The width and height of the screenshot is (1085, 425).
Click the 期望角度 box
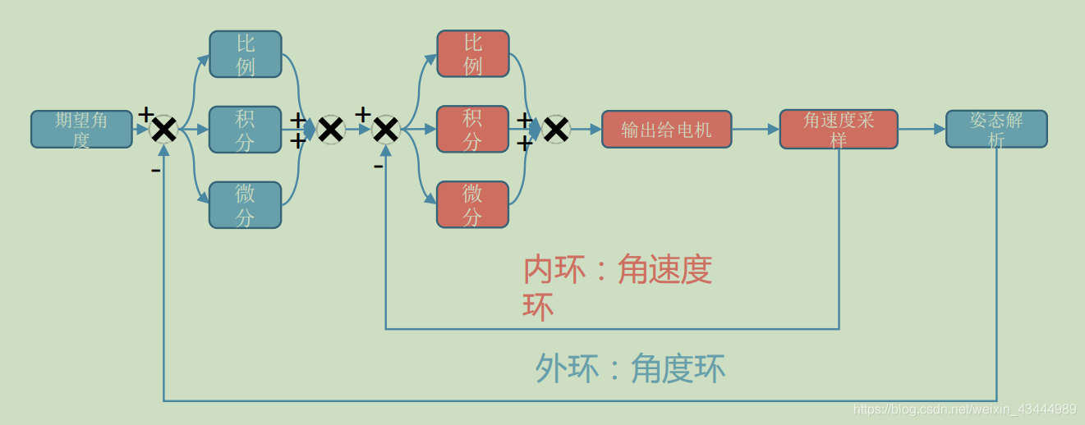click(x=81, y=129)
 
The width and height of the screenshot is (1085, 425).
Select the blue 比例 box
click(x=245, y=54)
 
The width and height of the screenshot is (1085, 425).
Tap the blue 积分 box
click(x=245, y=129)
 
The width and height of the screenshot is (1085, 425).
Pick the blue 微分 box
click(x=245, y=204)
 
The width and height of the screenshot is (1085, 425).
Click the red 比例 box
click(x=472, y=54)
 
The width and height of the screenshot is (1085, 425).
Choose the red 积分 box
click(x=472, y=129)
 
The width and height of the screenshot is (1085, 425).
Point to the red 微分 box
click(x=472, y=204)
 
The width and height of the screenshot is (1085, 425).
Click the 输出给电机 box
click(x=666, y=129)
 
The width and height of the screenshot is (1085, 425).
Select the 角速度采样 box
click(x=838, y=129)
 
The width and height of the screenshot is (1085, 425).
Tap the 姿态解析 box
click(x=996, y=129)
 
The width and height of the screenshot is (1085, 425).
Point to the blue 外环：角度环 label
click(x=630, y=369)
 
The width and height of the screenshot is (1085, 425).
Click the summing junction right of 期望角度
click(x=163, y=129)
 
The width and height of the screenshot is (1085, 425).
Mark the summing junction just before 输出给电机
click(x=556, y=129)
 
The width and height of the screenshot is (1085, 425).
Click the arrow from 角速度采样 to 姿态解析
click(x=922, y=129)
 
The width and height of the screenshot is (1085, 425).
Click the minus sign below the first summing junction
click(x=155, y=171)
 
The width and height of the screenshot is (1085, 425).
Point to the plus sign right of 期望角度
click(x=145, y=114)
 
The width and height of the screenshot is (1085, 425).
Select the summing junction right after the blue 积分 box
click(x=330, y=129)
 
